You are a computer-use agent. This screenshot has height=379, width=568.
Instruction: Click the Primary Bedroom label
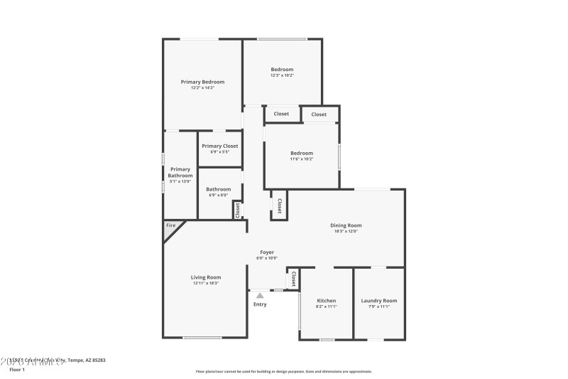[202, 82]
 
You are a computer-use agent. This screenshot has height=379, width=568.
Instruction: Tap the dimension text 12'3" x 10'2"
[282, 75]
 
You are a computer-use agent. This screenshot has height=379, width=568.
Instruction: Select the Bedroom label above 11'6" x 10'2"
[301, 153]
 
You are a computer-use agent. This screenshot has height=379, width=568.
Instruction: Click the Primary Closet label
[219, 146]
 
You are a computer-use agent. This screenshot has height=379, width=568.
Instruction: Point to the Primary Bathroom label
[180, 172]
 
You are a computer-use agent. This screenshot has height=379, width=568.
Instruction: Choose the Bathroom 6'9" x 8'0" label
[218, 189]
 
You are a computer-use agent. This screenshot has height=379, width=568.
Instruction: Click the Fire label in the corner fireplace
[170, 225]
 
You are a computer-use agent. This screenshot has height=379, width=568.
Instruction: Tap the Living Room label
[205, 277]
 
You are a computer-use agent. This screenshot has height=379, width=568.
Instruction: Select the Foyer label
[267, 252]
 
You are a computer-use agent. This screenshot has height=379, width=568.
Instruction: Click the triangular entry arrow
[260, 295]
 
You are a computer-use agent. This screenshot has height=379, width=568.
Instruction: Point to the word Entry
[260, 304]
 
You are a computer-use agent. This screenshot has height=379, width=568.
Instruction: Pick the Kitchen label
[327, 300]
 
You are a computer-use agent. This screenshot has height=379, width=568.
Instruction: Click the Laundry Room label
[379, 300]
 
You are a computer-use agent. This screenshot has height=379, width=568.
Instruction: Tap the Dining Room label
[346, 225]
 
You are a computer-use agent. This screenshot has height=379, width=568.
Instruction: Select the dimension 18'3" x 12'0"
[346, 231]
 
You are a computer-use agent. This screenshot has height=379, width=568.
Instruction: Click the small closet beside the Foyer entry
[293, 279]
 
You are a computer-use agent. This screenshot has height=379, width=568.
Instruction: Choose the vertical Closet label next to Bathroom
[238, 210]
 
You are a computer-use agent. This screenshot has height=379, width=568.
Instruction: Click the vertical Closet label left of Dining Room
[279, 205]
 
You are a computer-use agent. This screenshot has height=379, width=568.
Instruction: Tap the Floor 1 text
[17, 369]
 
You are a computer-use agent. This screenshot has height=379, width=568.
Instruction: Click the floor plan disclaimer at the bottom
[283, 371]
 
